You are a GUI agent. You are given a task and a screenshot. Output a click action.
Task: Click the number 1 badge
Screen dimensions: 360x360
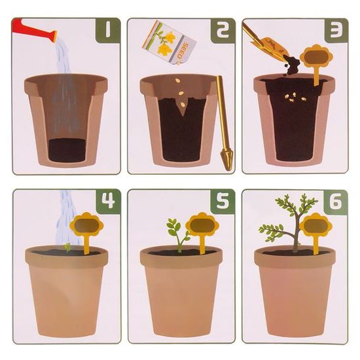108,30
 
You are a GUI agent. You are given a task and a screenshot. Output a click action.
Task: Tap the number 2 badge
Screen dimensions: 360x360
223,31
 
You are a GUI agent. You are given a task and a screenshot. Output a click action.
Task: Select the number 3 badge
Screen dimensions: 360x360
336,31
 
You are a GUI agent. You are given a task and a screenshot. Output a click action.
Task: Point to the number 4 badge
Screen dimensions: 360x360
109,201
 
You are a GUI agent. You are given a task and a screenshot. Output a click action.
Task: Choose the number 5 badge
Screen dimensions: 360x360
223,202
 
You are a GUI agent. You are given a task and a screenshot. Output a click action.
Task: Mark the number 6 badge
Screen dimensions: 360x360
336,202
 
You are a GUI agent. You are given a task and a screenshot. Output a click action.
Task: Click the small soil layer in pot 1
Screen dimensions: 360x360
67,150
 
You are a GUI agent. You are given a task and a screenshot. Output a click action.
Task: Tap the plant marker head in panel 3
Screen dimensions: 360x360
316,56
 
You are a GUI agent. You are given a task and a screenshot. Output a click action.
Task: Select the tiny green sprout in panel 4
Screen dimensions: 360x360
67,247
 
